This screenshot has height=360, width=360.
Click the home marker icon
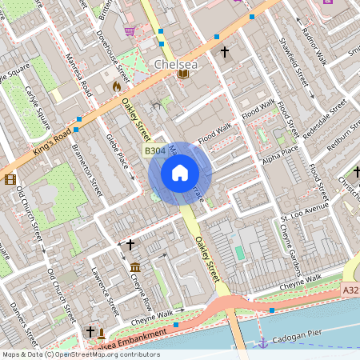coord(180,173)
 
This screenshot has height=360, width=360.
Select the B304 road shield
coord(155,150)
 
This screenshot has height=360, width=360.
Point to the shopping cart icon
coord(130,32)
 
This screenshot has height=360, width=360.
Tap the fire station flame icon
coord(117,84)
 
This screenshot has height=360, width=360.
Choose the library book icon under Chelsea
coord(183,74)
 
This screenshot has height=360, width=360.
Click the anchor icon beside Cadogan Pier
coord(262,342)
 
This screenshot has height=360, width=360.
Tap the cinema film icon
coord(10,179)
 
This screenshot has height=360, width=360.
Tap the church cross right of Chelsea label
coord(225,53)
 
